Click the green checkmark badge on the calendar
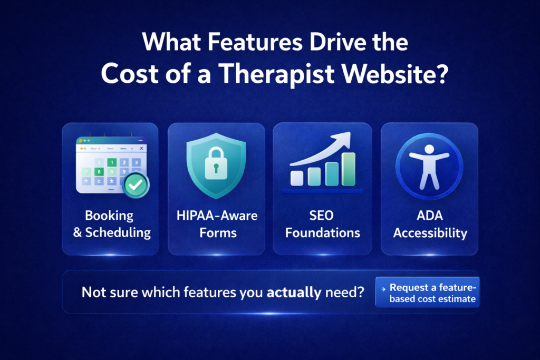[x=136, y=185]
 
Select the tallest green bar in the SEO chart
[x=349, y=169]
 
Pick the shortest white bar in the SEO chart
[x=297, y=178]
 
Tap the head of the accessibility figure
[x=429, y=149]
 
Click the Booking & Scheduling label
[x=111, y=223]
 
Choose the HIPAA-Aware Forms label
[x=216, y=223]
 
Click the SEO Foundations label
[x=322, y=223]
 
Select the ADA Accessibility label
[x=429, y=223]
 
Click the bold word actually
[x=294, y=292]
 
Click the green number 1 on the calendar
[x=111, y=162]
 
